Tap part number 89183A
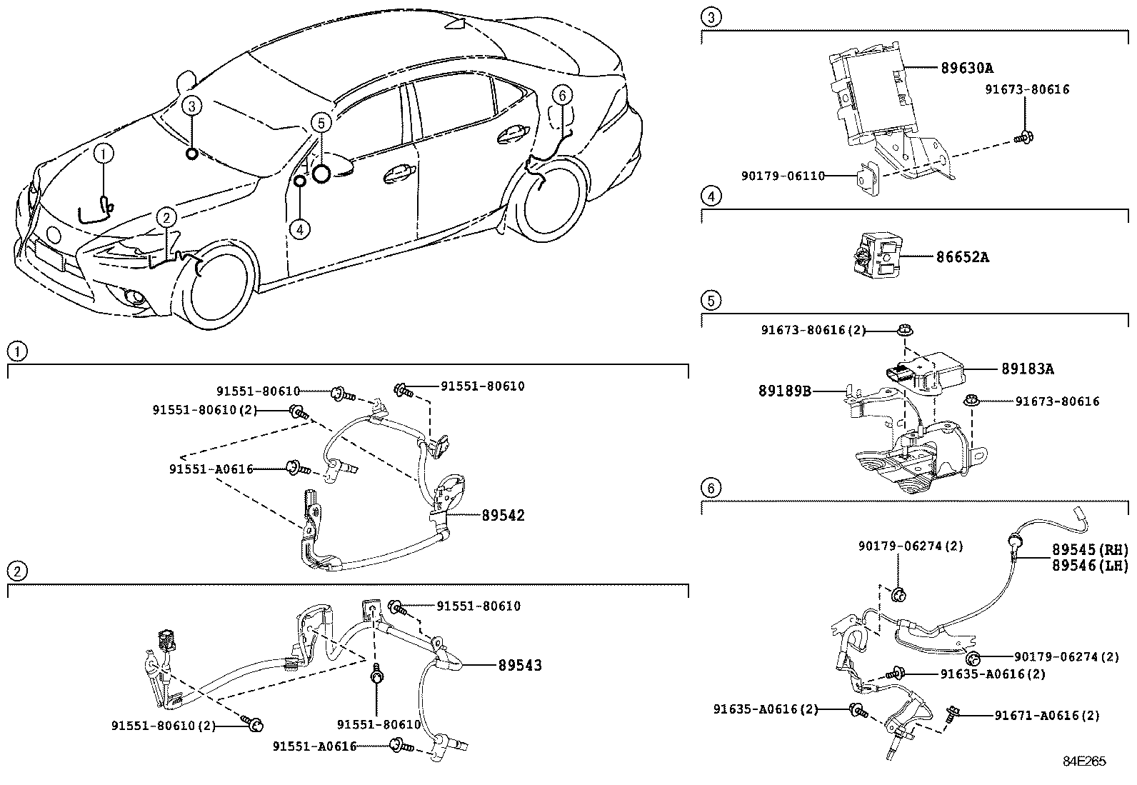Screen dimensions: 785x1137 point(1027,369)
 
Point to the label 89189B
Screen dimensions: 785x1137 point(784,391)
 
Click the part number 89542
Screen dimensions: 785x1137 point(503,515)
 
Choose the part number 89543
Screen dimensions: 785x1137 point(519,665)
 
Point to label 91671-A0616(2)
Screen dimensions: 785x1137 point(1047,715)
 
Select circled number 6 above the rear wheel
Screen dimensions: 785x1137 point(562,95)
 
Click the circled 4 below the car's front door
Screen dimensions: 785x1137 point(300,229)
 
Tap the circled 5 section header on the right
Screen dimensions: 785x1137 point(710,301)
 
